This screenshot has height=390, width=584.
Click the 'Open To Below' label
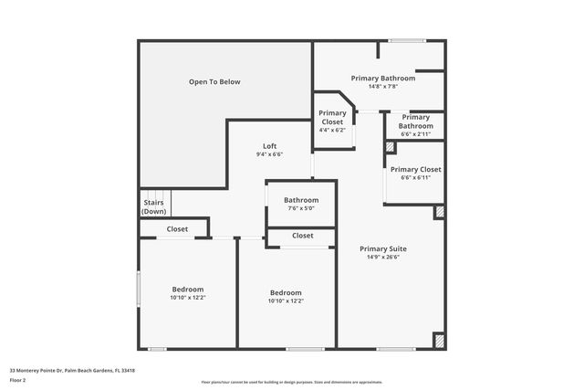tap(214, 82)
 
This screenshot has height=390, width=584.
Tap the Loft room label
tap(269, 146)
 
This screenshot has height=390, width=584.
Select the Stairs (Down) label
tap(153, 207)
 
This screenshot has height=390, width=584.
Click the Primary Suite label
tap(383, 248)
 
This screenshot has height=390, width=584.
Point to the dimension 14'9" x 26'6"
tap(383, 257)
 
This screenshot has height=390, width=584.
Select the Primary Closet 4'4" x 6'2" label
tap(332, 118)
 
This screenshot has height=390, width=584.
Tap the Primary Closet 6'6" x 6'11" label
tap(415, 170)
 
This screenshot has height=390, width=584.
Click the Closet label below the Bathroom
tap(303, 236)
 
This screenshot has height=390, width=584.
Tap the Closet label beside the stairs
tap(177, 229)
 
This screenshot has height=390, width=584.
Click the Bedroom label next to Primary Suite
tap(286, 293)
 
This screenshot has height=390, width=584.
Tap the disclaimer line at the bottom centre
tap(291, 382)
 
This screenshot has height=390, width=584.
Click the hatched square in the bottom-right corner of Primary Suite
tap(439, 340)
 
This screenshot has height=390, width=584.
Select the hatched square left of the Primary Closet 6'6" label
tap(391, 146)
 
